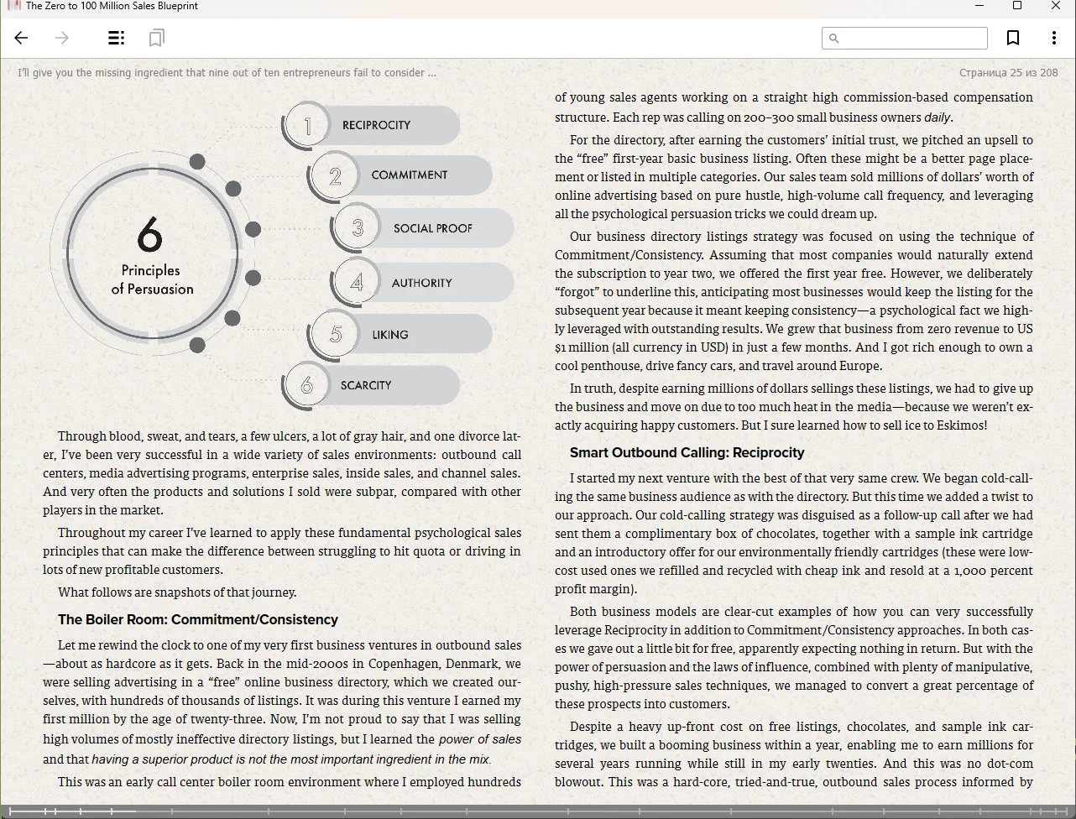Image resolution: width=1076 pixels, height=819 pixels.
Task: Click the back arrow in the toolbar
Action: coord(22,38)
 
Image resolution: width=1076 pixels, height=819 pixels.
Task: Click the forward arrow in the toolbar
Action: coord(61,38)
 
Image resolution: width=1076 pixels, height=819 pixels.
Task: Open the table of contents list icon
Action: coord(117,38)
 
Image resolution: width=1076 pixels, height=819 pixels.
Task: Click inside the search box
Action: coord(911,38)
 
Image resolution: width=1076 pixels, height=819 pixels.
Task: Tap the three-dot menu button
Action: coord(1053,38)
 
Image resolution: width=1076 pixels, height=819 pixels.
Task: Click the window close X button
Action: coord(1056,6)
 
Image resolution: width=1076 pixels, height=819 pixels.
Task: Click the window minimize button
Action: coord(979,6)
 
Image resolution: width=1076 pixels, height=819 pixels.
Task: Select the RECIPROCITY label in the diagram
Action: coord(376,125)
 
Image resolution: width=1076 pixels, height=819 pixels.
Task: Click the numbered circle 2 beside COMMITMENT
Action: coord(335,176)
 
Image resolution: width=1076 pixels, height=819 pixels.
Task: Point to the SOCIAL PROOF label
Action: coord(432,228)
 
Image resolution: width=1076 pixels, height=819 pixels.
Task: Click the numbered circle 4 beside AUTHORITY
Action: coord(357,282)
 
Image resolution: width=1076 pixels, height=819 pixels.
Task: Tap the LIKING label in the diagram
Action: coord(390,335)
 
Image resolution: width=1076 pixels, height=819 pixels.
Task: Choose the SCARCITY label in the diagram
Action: coord(366,385)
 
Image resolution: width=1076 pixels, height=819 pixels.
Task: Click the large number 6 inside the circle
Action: coord(150,235)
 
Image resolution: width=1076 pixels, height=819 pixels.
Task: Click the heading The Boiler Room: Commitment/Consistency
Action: coord(198,620)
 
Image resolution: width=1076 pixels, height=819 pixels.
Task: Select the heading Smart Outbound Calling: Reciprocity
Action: coord(687,453)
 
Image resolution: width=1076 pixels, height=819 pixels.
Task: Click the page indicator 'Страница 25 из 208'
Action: coord(1008,73)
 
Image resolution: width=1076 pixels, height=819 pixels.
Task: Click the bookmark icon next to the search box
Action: coord(1013,38)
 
